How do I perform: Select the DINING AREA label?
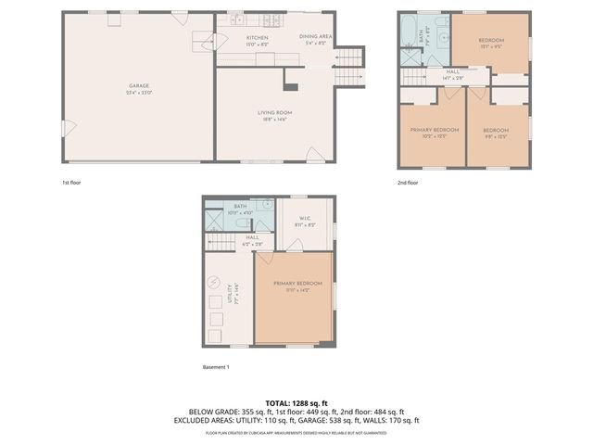tap(318, 38)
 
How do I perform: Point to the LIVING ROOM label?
tap(274, 113)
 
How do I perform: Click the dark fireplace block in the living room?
tap(290, 87)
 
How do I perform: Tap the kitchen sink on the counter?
tap(237, 19)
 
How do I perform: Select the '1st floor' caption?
tap(71, 183)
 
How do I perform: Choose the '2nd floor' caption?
tap(408, 183)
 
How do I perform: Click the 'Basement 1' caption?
tap(215, 367)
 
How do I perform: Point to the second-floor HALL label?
tap(453, 71)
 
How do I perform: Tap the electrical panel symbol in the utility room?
tap(215, 283)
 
